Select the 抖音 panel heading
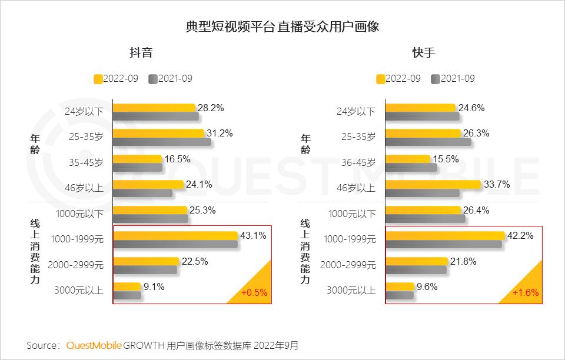(141, 52)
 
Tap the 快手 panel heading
(424, 52)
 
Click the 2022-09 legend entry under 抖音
(116, 78)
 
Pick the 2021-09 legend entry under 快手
(453, 78)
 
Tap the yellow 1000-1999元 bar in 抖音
(175, 236)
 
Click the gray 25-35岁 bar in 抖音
(162, 142)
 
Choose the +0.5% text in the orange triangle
(255, 293)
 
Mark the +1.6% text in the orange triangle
(526, 293)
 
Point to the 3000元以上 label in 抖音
(79, 289)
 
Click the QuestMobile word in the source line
(94, 345)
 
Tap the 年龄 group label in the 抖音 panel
(35, 144)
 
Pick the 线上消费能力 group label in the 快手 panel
(305, 251)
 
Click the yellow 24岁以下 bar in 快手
(421, 108)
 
